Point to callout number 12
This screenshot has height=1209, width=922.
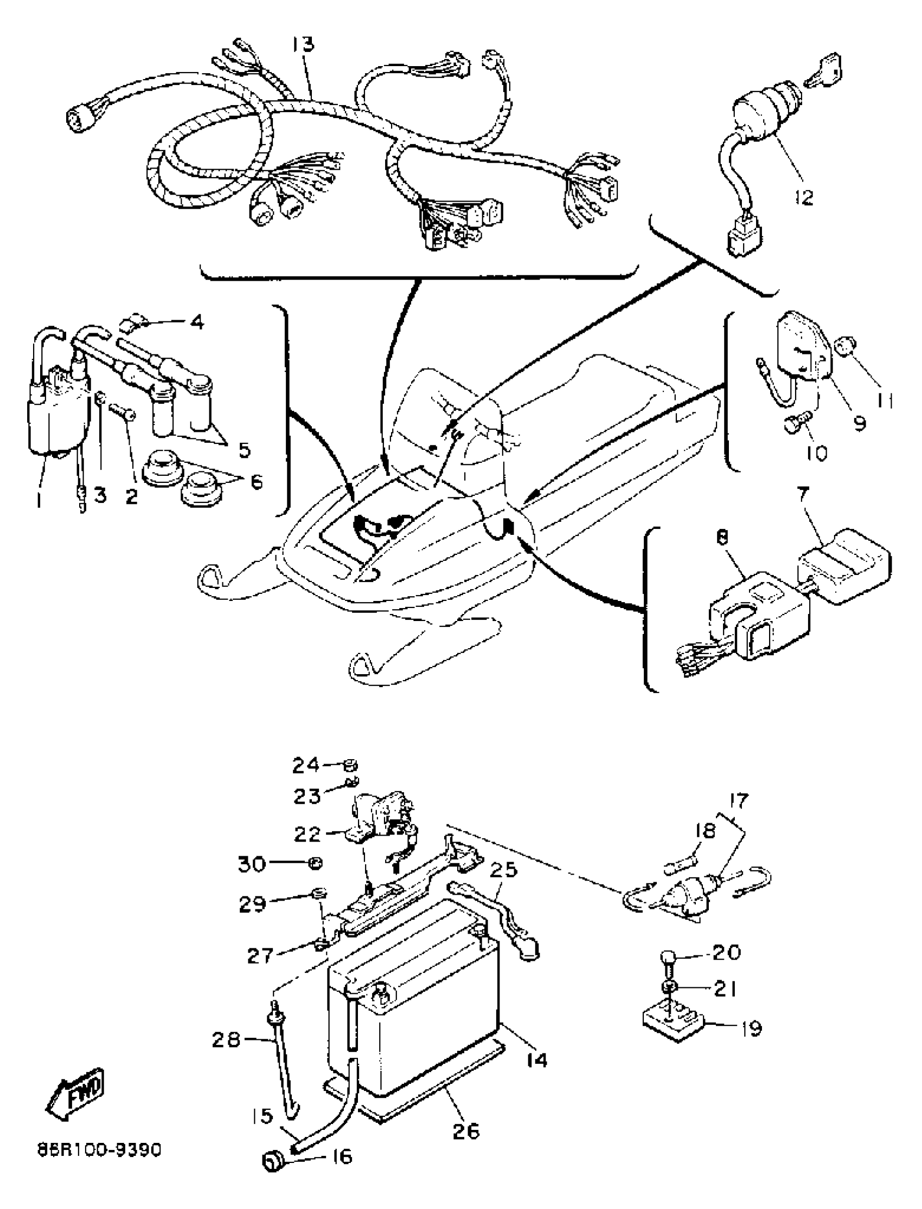pos(804,197)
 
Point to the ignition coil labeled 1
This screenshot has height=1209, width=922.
pos(47,417)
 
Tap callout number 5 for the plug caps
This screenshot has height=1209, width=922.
pos(245,450)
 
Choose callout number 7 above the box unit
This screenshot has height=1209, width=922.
pos(802,495)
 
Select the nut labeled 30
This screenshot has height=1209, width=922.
pos(315,864)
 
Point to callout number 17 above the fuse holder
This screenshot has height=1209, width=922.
pos(739,801)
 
